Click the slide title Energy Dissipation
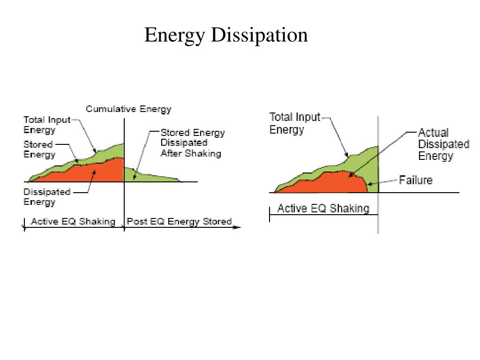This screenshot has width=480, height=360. click(226, 35)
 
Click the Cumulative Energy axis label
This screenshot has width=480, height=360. click(128, 109)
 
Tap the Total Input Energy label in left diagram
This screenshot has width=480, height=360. click(46, 124)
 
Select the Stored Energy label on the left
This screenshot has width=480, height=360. click(39, 150)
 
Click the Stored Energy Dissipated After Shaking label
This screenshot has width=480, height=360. click(192, 143)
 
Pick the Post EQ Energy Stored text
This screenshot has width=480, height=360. click(179, 221)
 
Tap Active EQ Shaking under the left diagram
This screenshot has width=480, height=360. click(73, 221)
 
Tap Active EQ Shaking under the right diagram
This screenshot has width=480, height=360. click(323, 209)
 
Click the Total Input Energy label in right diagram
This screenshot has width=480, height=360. click(294, 123)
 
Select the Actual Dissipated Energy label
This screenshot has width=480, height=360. click(443, 144)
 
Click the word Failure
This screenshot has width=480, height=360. click(415, 180)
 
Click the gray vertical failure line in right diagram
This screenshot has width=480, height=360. click(378, 216)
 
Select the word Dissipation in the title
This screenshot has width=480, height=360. click(259, 35)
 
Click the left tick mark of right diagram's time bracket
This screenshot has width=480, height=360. click(270, 215)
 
